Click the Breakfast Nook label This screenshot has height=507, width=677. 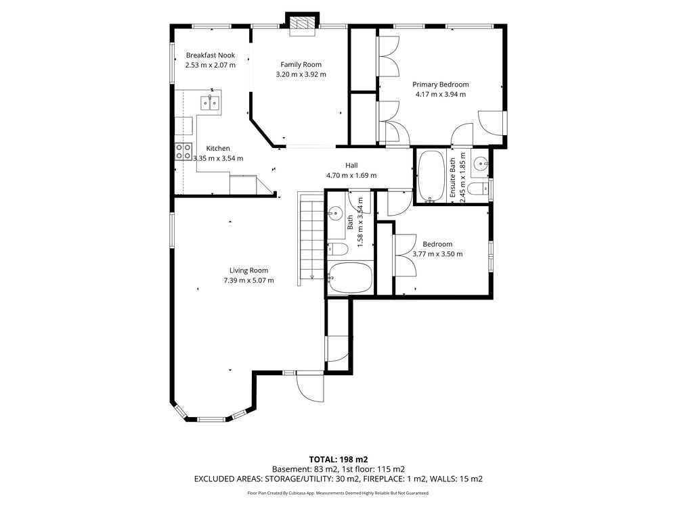click(211, 55)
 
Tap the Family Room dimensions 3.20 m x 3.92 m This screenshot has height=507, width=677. click(301, 74)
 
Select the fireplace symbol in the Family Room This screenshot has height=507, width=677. click(302, 26)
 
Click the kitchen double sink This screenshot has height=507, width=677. click(211, 103)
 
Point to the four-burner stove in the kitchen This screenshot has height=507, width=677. click(183, 151)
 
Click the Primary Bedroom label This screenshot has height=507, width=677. click(441, 84)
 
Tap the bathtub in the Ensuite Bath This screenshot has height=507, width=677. click(431, 176)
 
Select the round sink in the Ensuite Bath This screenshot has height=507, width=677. click(480, 164)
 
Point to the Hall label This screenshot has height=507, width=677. click(351, 165)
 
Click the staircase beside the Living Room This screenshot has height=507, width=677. click(311, 239)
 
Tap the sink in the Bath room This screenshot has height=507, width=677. click(334, 212)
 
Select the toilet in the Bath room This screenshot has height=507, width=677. click(337, 249)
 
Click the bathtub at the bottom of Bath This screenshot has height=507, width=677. click(350, 278)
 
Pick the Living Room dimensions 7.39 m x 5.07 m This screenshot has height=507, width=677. click(248, 281)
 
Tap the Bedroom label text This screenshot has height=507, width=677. click(437, 244)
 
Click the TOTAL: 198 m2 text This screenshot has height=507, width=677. click(338, 460)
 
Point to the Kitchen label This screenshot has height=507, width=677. click(218, 148)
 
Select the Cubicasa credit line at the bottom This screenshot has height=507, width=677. click(338, 493)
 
